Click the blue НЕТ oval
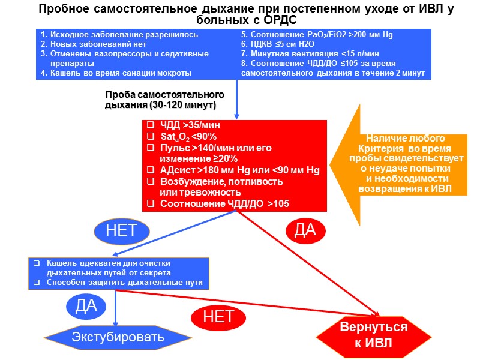point(121,230)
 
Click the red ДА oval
point(305,230)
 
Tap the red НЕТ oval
point(218,316)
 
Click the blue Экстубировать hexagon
point(118,337)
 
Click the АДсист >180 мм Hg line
point(239,170)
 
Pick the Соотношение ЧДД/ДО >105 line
point(224,204)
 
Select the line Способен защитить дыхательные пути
point(124,282)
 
